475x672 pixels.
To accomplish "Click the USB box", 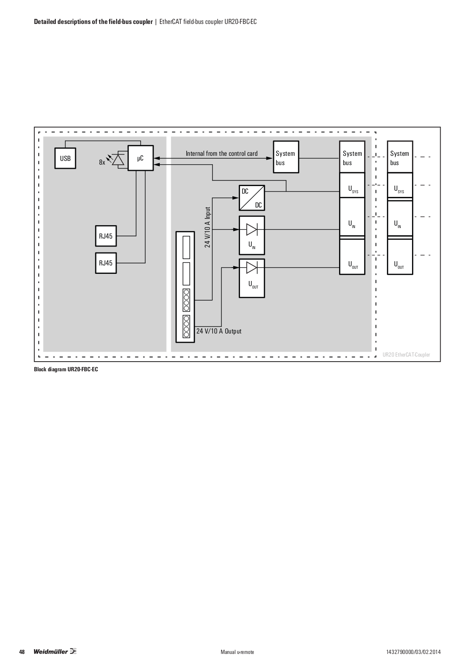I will (65, 158).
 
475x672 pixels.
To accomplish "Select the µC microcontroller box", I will (141, 158).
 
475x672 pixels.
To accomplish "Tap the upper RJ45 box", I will (106, 236).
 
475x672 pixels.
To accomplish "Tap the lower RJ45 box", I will (106, 263).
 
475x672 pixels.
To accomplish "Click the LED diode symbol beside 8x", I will (118, 160).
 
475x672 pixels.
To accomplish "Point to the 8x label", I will (102, 162).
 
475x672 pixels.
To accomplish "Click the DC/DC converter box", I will (252, 198).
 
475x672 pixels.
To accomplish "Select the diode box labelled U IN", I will (252, 235).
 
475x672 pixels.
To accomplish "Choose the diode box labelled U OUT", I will (252, 278).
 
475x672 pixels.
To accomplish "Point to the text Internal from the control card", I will (222, 154).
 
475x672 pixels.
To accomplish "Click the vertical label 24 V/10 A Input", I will (207, 227).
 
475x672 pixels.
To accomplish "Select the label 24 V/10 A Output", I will (219, 331).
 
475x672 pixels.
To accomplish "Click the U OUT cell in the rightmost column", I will (399, 265).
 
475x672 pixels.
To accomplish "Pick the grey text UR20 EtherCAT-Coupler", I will (406, 354).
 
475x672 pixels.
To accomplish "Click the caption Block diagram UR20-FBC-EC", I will (66, 370).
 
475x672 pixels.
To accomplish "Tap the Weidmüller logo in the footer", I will (55, 652).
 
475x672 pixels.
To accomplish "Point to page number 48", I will (22, 652).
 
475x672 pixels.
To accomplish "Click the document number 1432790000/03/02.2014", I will (413, 652).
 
